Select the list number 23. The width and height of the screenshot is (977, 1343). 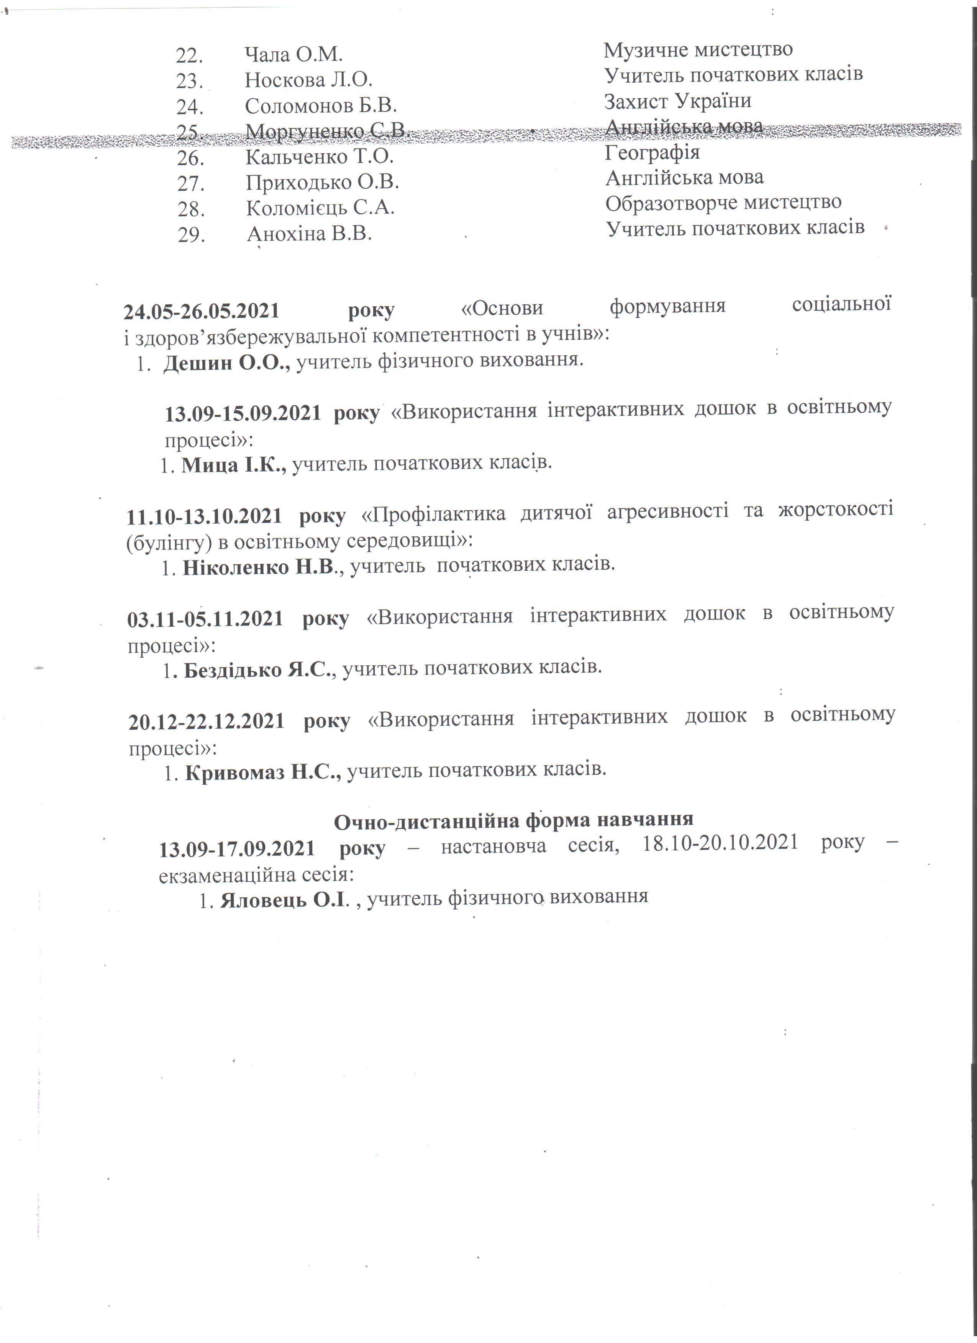click(190, 80)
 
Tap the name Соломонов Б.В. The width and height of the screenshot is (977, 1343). click(321, 106)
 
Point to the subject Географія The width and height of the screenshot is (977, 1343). click(652, 153)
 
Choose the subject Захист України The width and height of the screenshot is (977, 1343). click(677, 101)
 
